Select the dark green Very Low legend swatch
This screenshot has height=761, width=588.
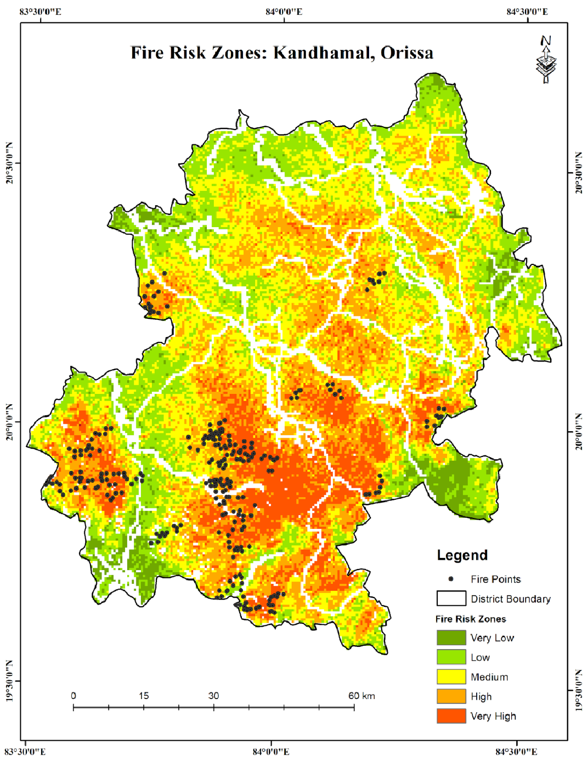[451, 638]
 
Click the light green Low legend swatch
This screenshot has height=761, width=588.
[451, 657]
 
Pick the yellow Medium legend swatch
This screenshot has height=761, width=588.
[451, 677]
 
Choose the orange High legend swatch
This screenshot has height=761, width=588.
[451, 696]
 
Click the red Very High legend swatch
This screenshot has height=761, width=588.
[451, 716]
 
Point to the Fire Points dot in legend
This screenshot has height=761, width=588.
[451, 579]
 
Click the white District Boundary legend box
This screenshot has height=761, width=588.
[451, 599]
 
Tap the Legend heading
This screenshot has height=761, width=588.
[462, 555]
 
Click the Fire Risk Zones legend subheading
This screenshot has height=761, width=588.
[471, 619]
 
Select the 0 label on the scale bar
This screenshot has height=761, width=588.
[73, 696]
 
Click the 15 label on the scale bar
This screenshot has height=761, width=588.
[144, 696]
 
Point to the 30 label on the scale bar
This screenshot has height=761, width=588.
[213, 696]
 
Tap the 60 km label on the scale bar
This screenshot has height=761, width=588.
[361, 696]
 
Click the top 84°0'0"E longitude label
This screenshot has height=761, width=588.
[284, 12]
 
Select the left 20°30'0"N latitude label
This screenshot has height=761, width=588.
[9, 163]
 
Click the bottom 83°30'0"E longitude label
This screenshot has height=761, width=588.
[25, 751]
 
